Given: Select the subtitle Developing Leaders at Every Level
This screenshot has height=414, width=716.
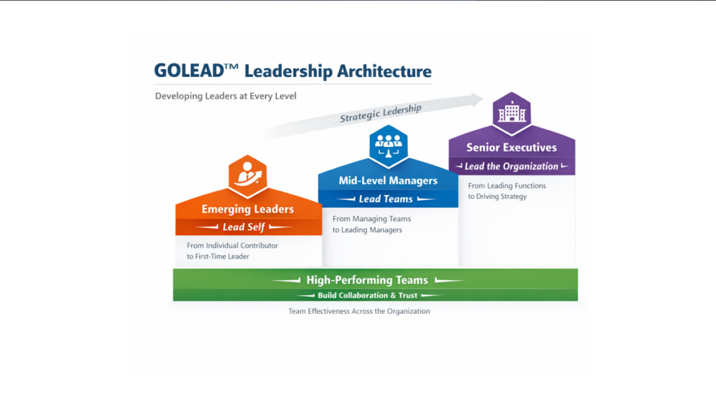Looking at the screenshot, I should pos(226,96).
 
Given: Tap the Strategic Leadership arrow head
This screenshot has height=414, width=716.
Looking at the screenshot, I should pos(478,99).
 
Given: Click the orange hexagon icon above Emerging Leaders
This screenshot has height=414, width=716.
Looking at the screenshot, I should pos(248,176).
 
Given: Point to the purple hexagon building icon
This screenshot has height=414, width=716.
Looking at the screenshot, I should pos(511,112).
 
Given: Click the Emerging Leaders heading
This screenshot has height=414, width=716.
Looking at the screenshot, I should pos(248,209).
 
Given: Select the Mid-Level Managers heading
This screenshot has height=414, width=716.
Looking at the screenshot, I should pos(388,180).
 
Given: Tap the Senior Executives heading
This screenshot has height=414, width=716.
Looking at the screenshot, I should pos(511,148).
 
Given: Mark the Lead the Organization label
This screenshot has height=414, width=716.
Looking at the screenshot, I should pos(511,166).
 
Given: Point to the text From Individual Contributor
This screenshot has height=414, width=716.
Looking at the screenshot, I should pos(232,245).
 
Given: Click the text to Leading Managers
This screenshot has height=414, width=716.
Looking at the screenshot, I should pos(367,230).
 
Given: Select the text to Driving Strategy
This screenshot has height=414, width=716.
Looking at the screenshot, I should pos(497,197).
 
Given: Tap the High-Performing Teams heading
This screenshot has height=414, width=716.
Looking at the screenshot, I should pos(367,280).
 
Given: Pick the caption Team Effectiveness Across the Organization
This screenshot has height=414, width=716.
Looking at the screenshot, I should pos(359,311).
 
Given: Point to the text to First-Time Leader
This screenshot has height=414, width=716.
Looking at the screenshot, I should pos(218,257).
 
